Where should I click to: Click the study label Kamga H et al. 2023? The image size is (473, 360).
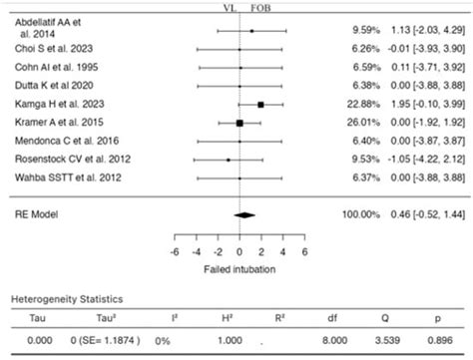[x=51, y=104]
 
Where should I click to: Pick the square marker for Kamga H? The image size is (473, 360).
[x=260, y=104]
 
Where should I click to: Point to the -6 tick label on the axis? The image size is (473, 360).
[x=175, y=252]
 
